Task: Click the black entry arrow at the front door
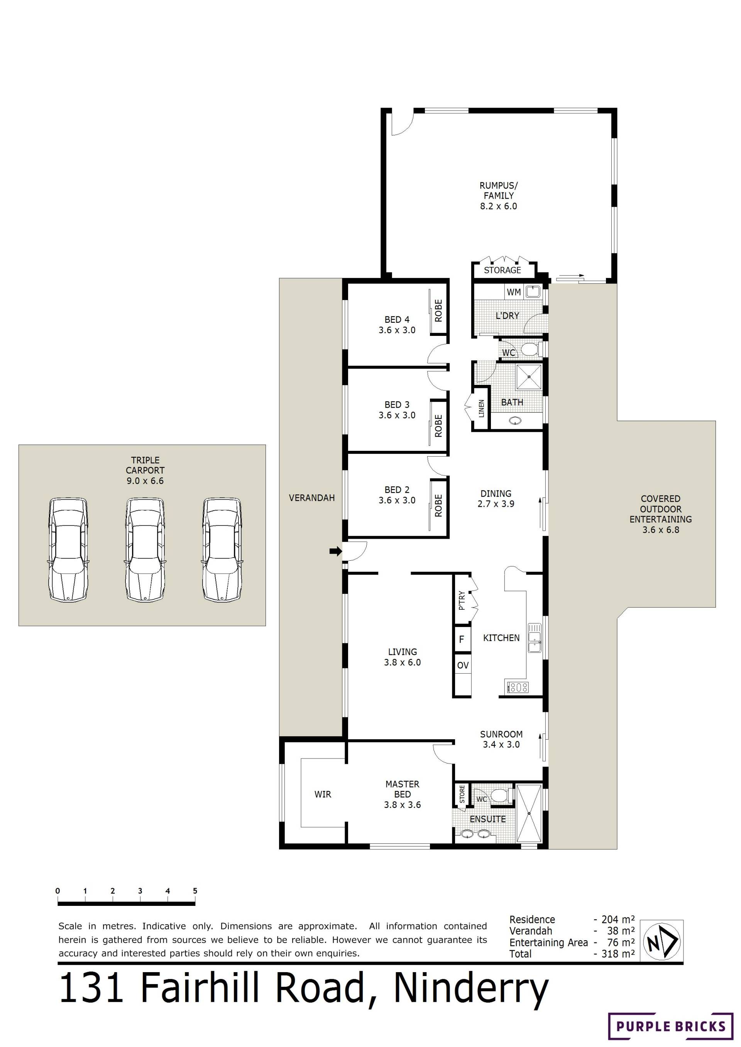tap(335, 551)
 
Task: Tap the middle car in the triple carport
tap(145, 550)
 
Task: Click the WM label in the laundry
tap(513, 292)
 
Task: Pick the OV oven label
tap(463, 665)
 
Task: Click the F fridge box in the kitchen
tap(462, 639)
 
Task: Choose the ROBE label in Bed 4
tap(438, 310)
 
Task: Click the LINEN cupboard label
tap(481, 409)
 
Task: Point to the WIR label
tap(323, 794)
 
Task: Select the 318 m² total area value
tap(618, 954)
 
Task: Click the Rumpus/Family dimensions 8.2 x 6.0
tap(498, 206)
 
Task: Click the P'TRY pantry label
tap(462, 600)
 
